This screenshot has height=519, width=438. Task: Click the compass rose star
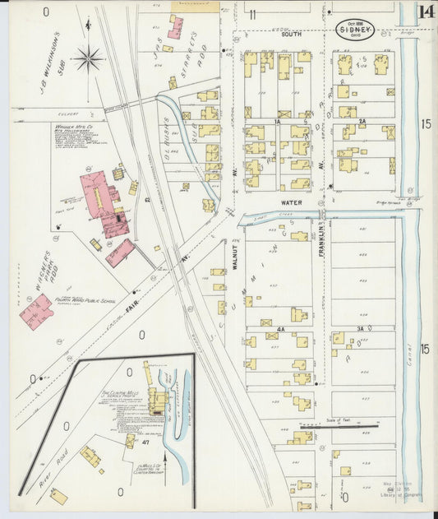pyautogui.click(x=88, y=58)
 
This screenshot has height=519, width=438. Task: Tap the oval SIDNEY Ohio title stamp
pyautogui.click(x=356, y=30)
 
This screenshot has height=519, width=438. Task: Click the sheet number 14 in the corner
pyautogui.click(x=426, y=12)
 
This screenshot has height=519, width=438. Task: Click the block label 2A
pyautogui.click(x=361, y=120)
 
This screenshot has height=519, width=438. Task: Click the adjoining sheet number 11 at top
pyautogui.click(x=253, y=13)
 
